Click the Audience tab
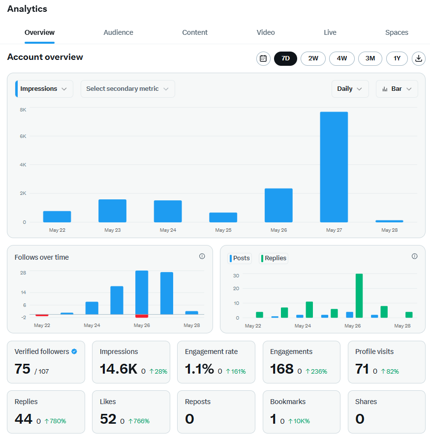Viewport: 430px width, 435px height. (x=118, y=32)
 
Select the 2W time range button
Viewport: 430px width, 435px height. (x=313, y=58)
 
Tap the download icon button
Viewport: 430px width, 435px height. (x=419, y=58)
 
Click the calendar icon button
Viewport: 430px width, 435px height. (x=263, y=58)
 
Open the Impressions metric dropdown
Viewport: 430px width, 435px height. (x=44, y=89)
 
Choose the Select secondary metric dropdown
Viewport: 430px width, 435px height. (x=128, y=89)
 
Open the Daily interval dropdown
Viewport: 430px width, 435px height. (x=350, y=89)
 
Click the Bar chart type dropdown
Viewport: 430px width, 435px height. (x=397, y=89)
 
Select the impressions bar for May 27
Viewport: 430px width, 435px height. (x=334, y=167)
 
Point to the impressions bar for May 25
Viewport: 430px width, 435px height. (x=223, y=217)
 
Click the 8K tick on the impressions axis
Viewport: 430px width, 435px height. (x=23, y=110)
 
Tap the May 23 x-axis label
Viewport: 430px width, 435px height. (x=113, y=230)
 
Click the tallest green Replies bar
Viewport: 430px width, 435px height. (x=359, y=296)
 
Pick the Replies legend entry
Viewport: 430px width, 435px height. (x=274, y=258)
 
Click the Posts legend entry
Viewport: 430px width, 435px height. (x=240, y=258)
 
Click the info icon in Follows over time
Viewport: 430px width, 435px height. (x=202, y=256)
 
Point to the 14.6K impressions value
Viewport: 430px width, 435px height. (x=119, y=369)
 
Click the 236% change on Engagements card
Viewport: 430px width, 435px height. (x=316, y=372)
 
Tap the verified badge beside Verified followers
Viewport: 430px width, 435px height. (x=74, y=352)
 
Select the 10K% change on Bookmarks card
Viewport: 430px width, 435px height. (x=299, y=421)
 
